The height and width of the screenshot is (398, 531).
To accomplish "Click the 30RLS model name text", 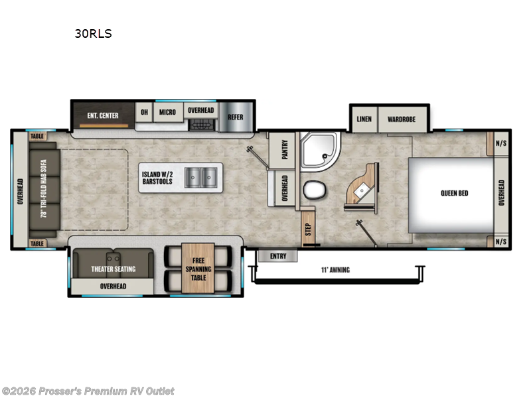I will [x=93, y=34].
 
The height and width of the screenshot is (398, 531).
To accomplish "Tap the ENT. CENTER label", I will [x=103, y=115].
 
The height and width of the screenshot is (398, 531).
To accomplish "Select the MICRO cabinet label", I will [x=167, y=112].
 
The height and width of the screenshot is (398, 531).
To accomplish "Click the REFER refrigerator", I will [x=236, y=117].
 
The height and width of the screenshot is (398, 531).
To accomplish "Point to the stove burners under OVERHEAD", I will [x=201, y=123].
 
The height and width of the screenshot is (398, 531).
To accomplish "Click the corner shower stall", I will [x=317, y=151].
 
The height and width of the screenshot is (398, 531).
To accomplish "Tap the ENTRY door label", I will [x=277, y=256].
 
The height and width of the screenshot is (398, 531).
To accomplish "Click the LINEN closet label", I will [x=364, y=119].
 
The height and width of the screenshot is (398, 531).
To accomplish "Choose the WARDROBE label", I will [x=402, y=119].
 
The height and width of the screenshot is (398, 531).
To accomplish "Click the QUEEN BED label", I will [x=454, y=193].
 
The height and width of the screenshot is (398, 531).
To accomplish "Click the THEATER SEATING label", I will [x=113, y=269].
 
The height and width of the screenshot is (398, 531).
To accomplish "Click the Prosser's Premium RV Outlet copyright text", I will [x=88, y=391].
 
